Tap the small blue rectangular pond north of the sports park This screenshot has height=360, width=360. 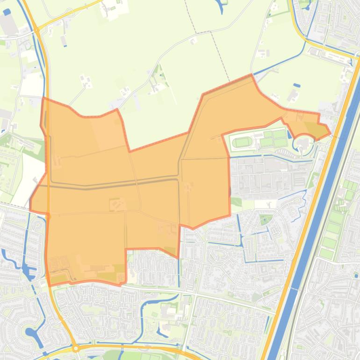click(x=296, y=86)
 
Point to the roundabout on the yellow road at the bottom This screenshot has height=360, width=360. click(x=75, y=349)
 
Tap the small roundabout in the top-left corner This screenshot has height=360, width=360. click(x=37, y=30)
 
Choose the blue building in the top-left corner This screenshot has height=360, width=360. click(x=7, y=13)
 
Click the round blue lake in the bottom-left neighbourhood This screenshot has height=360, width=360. click(x=32, y=334)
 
